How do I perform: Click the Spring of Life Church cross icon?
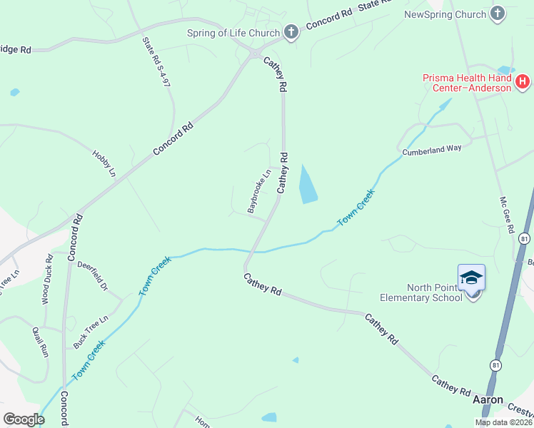coord(291,31)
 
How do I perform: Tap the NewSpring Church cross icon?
coord(498,14)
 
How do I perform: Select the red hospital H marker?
coord(522,81)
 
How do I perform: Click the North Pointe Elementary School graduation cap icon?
coord(471,277)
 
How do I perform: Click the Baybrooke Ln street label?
coord(259,191)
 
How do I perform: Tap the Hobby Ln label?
coord(104,163)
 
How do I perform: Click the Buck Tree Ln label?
coord(91,331)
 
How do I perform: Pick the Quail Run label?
coord(40,341)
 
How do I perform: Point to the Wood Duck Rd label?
coord(48,280)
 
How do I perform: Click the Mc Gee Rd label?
coord(507,215)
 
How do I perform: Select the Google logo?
coord(24,419)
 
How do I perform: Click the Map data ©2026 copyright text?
coord(503,422)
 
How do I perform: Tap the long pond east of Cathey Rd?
coord(307,184)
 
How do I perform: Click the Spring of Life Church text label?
coord(233,32)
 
